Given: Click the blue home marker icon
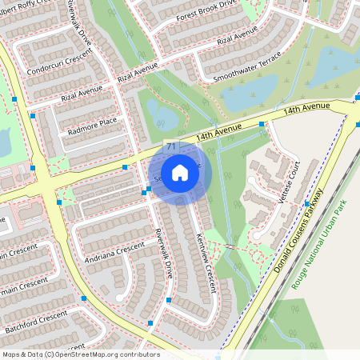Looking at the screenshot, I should pos(180,172).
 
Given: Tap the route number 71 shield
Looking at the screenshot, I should pos(171,146).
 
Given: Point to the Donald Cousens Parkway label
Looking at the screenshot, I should pos(301,231).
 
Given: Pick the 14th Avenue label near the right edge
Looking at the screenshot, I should pos(306,108).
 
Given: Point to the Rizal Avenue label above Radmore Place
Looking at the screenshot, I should pos(138,75).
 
